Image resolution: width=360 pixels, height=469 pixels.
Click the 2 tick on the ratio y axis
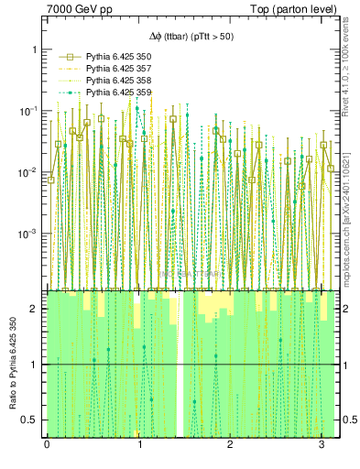click(x=38, y=310)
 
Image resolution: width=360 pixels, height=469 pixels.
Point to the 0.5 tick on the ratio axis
click(x=34, y=420)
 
